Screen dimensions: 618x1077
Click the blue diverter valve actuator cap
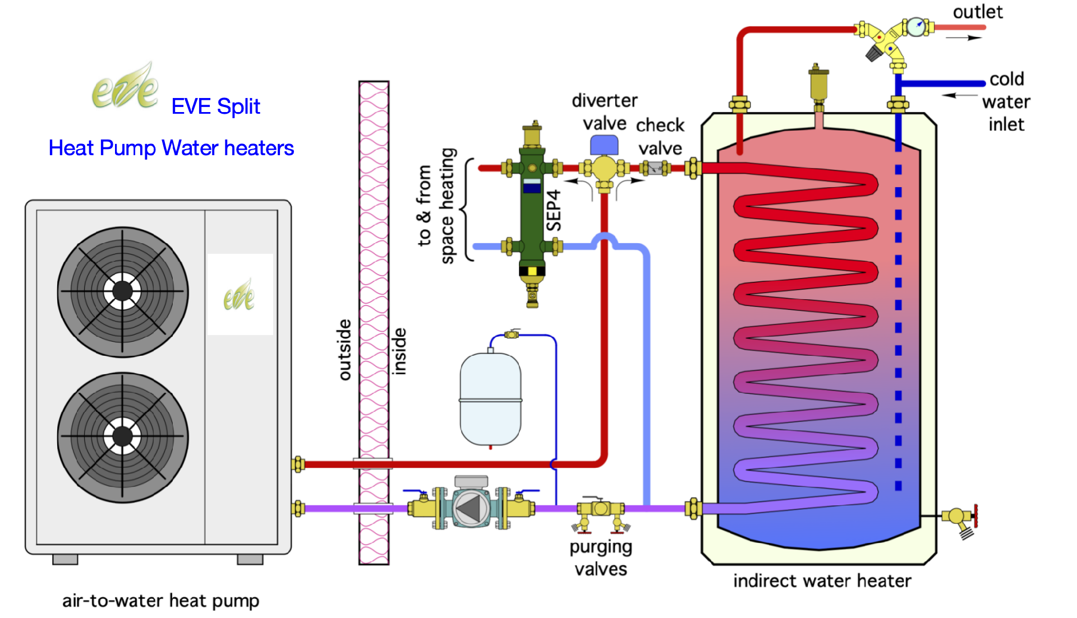click(604, 145)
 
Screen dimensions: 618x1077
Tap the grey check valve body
click(655, 168)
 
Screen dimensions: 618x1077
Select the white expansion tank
click(490, 398)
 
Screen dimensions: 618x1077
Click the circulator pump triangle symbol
click(470, 508)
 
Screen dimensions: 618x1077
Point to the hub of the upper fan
click(122, 291)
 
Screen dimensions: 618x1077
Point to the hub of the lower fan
click(122, 436)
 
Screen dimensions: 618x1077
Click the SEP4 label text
click(554, 210)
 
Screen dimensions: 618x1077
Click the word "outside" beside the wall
click(344, 350)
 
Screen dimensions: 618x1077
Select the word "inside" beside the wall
click(398, 351)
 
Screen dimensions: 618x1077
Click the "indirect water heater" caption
click(822, 581)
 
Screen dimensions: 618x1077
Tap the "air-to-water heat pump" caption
click(160, 601)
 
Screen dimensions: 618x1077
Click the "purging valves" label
click(601, 558)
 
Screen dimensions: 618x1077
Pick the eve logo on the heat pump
click(239, 295)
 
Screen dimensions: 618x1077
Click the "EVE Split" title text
click(215, 106)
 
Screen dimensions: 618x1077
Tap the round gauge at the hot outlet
click(916, 26)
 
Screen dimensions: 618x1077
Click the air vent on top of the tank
click(818, 84)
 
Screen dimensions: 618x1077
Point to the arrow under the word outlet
click(964, 38)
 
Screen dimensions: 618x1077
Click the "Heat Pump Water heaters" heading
click(171, 148)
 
